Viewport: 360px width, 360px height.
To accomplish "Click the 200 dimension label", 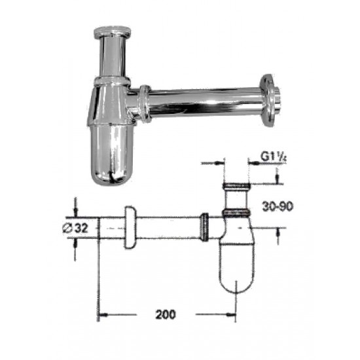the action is pos(166,314).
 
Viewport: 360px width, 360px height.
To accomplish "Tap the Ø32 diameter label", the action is pos(75,228).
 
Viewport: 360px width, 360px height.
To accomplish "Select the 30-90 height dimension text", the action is pos(278,206).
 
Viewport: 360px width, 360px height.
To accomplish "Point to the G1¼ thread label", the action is pos(274,157).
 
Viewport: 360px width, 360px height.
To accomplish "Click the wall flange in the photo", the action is pos(269,100).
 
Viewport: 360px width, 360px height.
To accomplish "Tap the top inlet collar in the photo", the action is pos(113,33).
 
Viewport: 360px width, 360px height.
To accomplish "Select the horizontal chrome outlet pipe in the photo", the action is pos(206,101).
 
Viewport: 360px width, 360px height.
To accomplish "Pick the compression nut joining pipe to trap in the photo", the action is pos(145,103).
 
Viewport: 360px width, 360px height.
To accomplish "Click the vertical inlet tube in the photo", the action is pos(113,58).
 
